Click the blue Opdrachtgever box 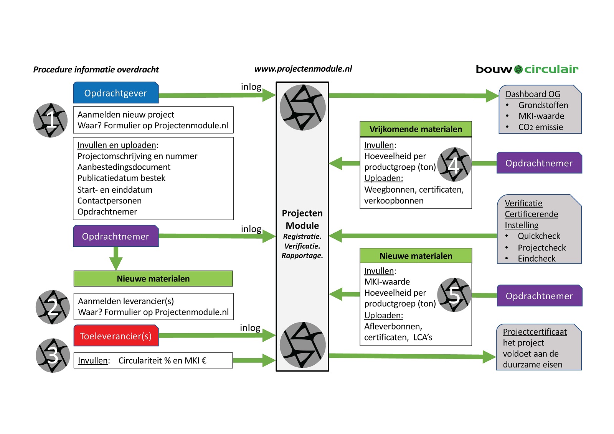(116, 93)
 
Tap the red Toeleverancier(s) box (116, 336)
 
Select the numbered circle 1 (51, 120)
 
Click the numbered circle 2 (53, 307)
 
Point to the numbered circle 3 (53, 355)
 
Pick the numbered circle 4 (454, 165)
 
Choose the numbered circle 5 (454, 295)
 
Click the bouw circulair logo (527, 69)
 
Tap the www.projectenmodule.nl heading (303, 69)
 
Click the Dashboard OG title (533, 94)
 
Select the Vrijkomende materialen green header (416, 129)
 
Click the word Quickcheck (539, 236)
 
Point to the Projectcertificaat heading (535, 332)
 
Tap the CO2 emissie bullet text (540, 127)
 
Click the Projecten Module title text (302, 219)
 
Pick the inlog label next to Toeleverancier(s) (250, 328)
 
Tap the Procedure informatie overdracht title (96, 70)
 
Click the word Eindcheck (536, 259)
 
